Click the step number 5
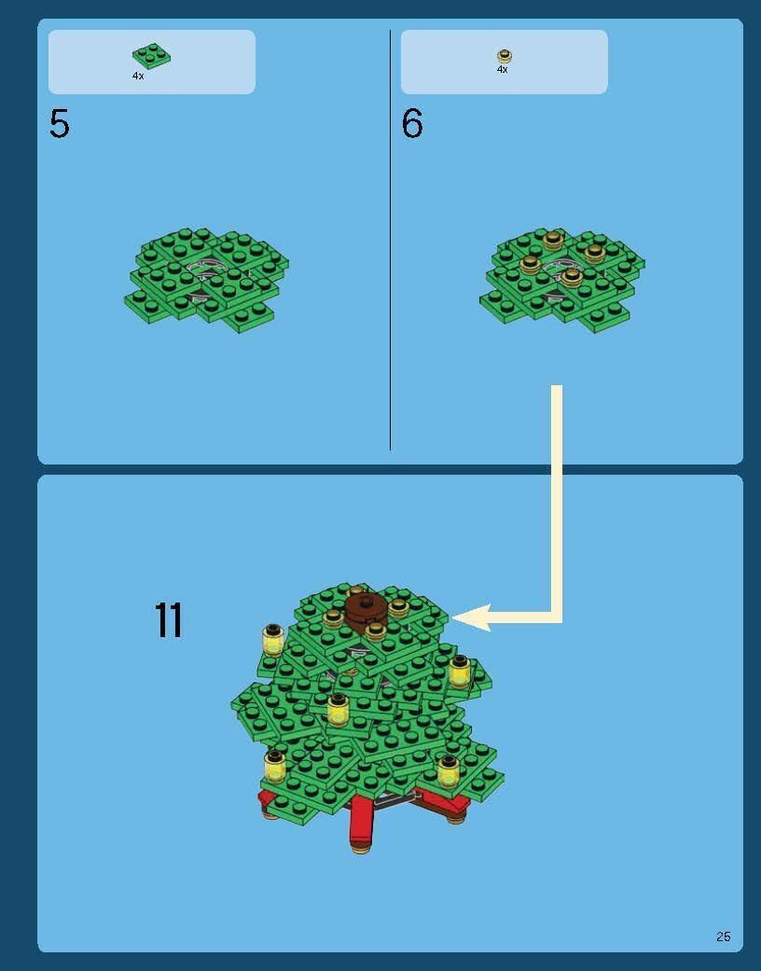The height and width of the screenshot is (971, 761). click(x=60, y=124)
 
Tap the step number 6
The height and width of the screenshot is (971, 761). click(x=412, y=123)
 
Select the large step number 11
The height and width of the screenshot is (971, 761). click(x=169, y=620)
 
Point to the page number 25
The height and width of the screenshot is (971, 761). click(x=723, y=936)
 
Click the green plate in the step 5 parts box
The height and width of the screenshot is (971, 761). click(x=151, y=56)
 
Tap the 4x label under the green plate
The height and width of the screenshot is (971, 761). click(x=138, y=76)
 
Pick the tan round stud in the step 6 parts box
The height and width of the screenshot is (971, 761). click(x=505, y=56)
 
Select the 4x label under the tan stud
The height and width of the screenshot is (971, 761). click(x=502, y=69)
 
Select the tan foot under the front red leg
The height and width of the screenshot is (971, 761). click(x=361, y=849)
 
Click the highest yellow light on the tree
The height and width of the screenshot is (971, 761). click(x=273, y=640)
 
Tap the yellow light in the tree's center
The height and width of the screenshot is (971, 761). click(x=339, y=710)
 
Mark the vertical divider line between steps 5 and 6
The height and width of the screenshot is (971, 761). click(x=390, y=241)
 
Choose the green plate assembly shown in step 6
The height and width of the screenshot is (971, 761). click(x=561, y=280)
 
